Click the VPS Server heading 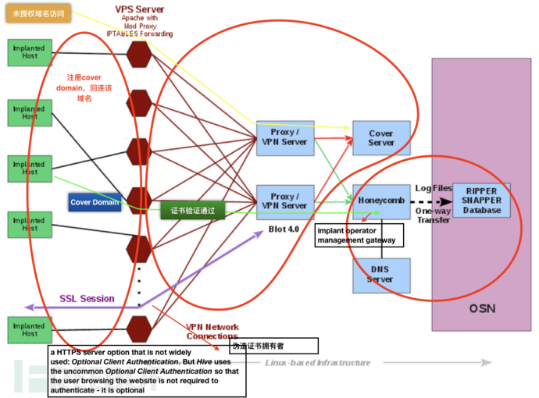pyautogui.click(x=139, y=9)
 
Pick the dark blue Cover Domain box pyautogui.click(x=95, y=202)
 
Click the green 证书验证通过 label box pyautogui.click(x=193, y=211)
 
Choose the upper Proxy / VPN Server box pyautogui.click(x=285, y=137)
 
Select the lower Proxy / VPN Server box pyautogui.click(x=285, y=201)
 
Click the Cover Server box pyautogui.click(x=381, y=138)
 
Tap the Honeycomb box pyautogui.click(x=381, y=201)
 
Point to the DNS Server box pyautogui.click(x=381, y=275)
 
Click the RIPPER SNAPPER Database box pyautogui.click(x=481, y=201)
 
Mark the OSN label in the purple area pyautogui.click(x=481, y=309)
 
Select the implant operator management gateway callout pyautogui.click(x=356, y=236)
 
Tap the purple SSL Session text pyautogui.click(x=87, y=299)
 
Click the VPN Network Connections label pyautogui.click(x=212, y=331)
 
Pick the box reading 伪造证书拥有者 pyautogui.click(x=274, y=345)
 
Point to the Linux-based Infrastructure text pyautogui.click(x=317, y=363)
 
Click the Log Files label pyautogui.click(x=434, y=189)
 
